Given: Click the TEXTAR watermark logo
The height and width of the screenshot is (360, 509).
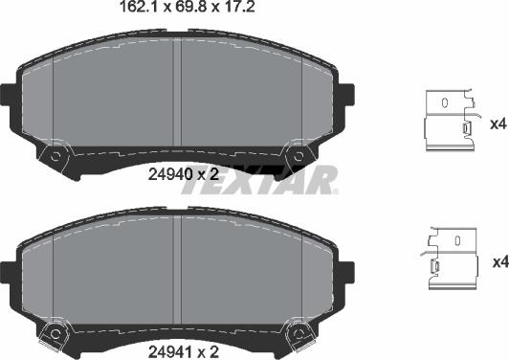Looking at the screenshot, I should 258,179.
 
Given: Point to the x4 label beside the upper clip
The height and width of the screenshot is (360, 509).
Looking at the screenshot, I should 497,123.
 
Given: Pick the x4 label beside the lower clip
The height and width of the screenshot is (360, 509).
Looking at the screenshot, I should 497,261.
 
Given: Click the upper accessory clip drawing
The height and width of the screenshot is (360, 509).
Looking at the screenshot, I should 449,121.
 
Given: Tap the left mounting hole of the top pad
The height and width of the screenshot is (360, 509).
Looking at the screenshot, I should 55,154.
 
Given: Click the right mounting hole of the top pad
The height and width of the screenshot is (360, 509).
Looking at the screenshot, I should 299,154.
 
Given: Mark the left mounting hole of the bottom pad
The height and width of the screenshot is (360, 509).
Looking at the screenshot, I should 55,332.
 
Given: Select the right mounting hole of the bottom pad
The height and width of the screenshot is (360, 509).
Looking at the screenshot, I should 299,332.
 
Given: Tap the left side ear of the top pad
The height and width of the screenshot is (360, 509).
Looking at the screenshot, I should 9,95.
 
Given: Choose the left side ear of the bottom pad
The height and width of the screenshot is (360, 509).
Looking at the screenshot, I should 9,271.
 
